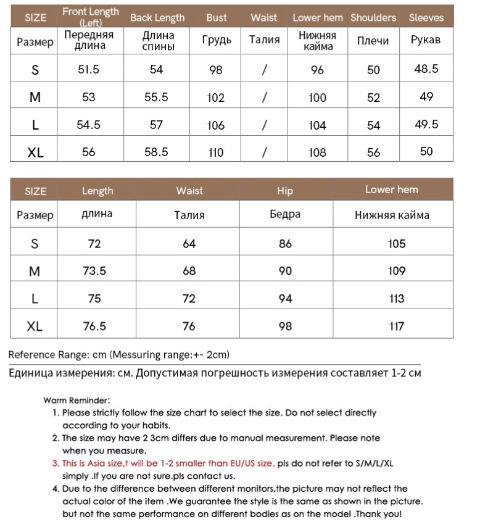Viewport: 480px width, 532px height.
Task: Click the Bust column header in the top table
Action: click(217, 18)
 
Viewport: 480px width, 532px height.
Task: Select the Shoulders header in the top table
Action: click(373, 18)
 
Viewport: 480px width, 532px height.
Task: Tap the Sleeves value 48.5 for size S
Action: click(426, 69)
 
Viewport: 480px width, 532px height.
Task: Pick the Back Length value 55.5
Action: click(156, 97)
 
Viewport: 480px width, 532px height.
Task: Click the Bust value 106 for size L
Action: click(216, 125)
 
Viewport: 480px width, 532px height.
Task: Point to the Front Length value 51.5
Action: click(89, 70)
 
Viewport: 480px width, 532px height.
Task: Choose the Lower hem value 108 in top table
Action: click(317, 152)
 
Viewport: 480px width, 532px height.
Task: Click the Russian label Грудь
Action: click(217, 41)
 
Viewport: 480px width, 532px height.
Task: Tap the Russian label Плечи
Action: click(373, 41)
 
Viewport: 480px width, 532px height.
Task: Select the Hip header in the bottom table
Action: click(285, 191)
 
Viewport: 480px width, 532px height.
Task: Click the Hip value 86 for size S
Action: click(285, 244)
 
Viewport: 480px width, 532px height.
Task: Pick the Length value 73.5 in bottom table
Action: click(94, 271)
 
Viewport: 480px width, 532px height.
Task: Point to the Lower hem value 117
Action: click(397, 326)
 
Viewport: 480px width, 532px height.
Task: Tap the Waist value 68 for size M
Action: click(189, 271)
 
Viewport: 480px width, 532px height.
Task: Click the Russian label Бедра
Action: click(285, 215)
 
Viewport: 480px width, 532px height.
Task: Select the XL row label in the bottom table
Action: click(35, 326)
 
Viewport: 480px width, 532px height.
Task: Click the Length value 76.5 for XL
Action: click(94, 326)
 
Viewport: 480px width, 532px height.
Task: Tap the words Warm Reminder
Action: click(77, 401)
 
